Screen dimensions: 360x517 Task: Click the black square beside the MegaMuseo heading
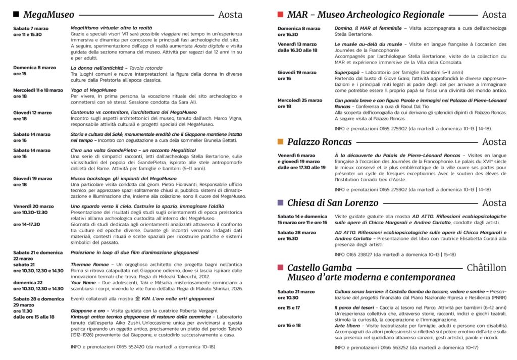(16, 15)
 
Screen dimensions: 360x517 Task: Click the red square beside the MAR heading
(281, 15)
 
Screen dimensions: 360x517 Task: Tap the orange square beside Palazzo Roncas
(281, 142)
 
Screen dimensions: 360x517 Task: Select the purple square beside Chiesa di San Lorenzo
(281, 203)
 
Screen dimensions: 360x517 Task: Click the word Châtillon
(486, 268)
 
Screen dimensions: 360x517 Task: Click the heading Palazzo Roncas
(322, 142)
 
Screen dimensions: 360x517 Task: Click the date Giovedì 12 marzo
(32, 113)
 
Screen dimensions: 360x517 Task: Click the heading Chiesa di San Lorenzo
(333, 203)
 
